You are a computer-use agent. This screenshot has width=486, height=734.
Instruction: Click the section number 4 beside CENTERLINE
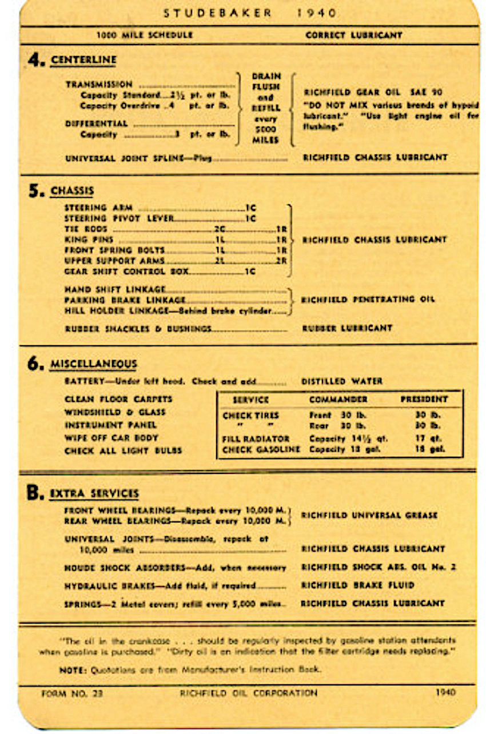click(x=36, y=60)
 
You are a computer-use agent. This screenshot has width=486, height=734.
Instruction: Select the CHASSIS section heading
click(x=72, y=191)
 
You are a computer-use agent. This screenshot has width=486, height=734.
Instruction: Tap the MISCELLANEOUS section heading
click(x=93, y=364)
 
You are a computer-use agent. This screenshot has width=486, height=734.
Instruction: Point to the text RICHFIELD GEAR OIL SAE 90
click(x=373, y=92)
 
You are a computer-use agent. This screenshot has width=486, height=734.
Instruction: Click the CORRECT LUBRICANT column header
click(x=354, y=35)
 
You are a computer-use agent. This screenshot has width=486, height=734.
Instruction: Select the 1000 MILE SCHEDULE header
click(x=145, y=35)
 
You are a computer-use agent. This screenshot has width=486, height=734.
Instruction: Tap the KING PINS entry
click(x=89, y=240)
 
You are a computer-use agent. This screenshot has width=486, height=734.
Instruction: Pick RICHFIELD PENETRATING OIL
click(x=368, y=299)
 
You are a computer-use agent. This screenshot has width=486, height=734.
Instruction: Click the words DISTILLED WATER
click(x=342, y=381)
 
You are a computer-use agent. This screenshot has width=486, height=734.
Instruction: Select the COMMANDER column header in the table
click(x=338, y=400)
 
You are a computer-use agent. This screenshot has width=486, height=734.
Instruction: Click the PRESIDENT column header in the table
click(x=424, y=400)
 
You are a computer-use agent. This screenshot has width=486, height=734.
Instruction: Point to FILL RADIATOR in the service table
click(x=256, y=439)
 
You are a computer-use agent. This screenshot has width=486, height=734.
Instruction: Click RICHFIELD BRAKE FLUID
click(x=358, y=585)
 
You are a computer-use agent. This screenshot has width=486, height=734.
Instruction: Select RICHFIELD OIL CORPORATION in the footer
click(x=248, y=693)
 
